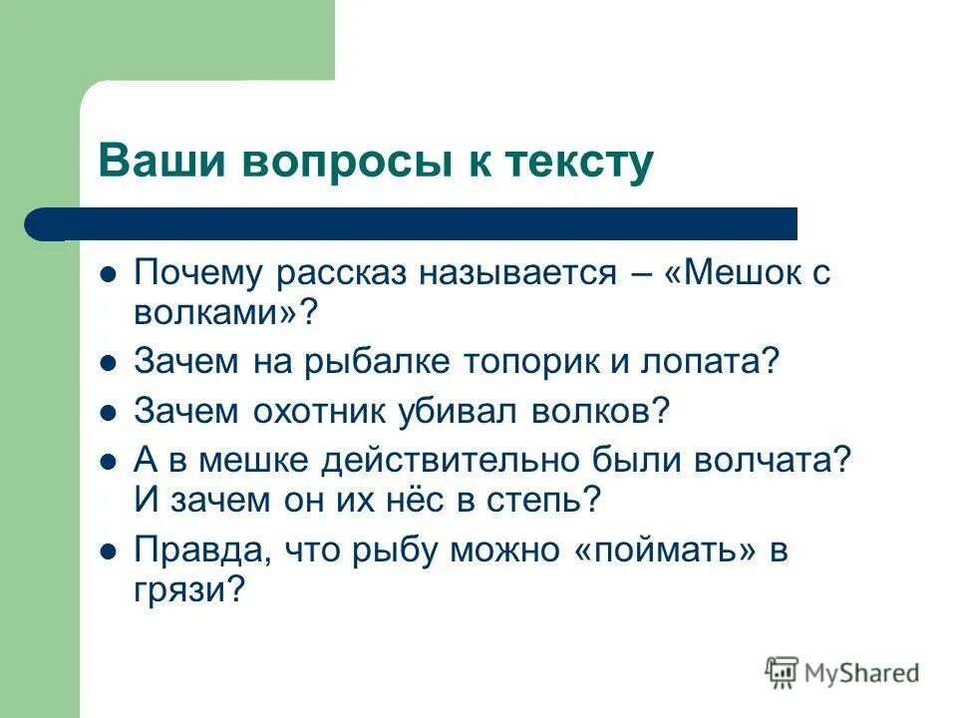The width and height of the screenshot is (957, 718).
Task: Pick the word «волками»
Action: point(213,314)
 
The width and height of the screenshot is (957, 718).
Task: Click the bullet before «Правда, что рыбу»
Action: point(110,550)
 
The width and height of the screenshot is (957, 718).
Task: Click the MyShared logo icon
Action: point(782,673)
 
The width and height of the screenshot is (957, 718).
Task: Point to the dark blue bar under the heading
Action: point(419,224)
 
